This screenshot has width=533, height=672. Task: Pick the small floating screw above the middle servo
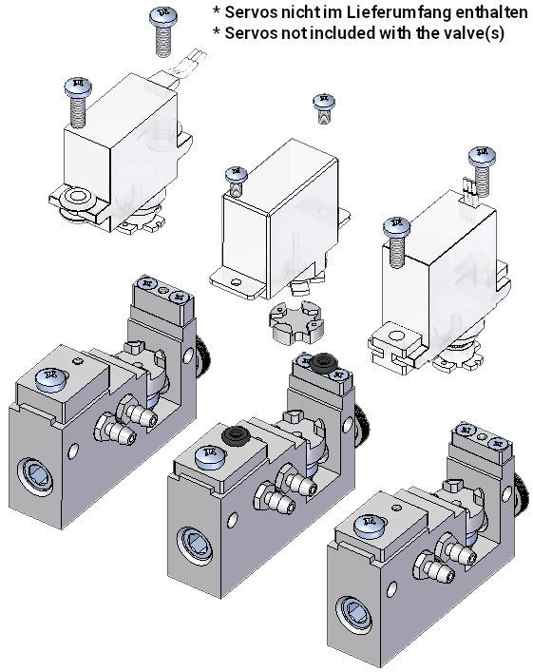(324, 109)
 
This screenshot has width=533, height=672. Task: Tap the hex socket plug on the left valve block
(35, 476)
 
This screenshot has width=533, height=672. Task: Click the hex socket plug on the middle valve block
(196, 546)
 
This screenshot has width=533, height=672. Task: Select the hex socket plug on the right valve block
(353, 615)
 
